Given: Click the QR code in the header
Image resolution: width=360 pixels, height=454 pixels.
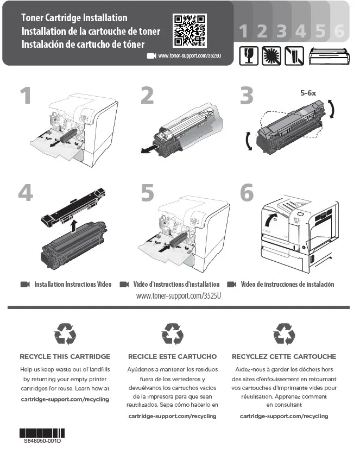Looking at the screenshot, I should (190, 30).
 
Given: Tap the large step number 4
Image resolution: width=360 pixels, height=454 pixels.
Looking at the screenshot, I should (26, 192).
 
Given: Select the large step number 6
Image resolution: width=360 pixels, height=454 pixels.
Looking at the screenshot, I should (247, 192).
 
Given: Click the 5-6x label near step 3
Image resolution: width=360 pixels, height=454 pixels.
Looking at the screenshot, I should (308, 92).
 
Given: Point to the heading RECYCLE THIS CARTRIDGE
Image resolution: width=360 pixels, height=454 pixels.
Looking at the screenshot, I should (65, 357).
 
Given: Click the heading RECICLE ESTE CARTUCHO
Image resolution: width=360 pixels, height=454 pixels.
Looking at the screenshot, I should (172, 357).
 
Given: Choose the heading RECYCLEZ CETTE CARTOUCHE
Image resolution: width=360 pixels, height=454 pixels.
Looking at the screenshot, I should (284, 357).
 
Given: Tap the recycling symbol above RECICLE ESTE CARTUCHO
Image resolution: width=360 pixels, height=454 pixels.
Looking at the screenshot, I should (173, 333).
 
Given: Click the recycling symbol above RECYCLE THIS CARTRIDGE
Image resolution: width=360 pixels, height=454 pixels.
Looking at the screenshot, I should (65, 333).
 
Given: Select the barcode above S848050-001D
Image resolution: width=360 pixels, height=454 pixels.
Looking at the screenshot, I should (42, 433).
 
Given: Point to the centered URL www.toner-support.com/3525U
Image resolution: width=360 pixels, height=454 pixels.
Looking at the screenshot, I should (180, 296).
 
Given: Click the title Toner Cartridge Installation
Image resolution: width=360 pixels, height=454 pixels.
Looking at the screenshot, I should (74, 18).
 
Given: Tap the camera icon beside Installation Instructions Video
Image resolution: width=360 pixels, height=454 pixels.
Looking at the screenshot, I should (24, 285).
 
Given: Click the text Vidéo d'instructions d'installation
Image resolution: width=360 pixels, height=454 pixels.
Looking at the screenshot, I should (176, 285).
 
